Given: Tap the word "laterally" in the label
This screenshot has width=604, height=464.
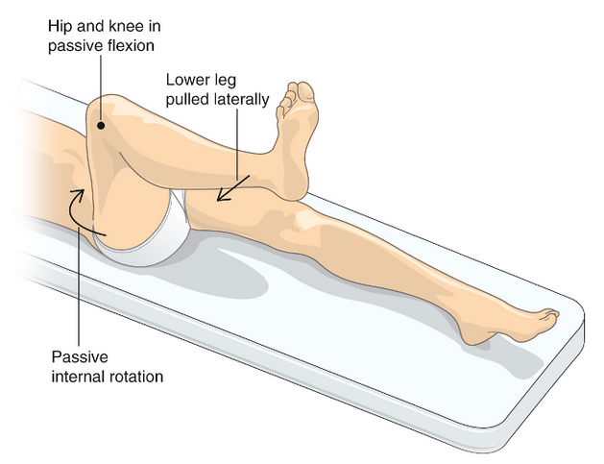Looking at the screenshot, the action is (x=242, y=98).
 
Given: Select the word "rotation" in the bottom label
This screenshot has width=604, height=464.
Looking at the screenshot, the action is (x=135, y=375).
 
